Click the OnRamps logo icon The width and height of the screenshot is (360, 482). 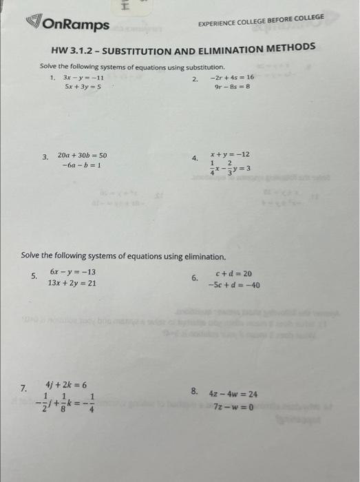pos(34,24)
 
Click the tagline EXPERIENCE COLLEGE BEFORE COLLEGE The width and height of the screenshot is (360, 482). pos(261,23)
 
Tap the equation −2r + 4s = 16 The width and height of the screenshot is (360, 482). pos(232,78)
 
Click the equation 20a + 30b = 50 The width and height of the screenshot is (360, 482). pos(82,156)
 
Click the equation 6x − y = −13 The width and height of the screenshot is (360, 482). pos(72,272)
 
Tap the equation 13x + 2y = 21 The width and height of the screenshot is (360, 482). pos(72,283)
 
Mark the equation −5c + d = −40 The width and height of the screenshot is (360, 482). pos(234,284)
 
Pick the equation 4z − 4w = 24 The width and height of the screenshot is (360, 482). pos(233,395)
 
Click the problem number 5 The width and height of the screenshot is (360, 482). pos(33,277)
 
